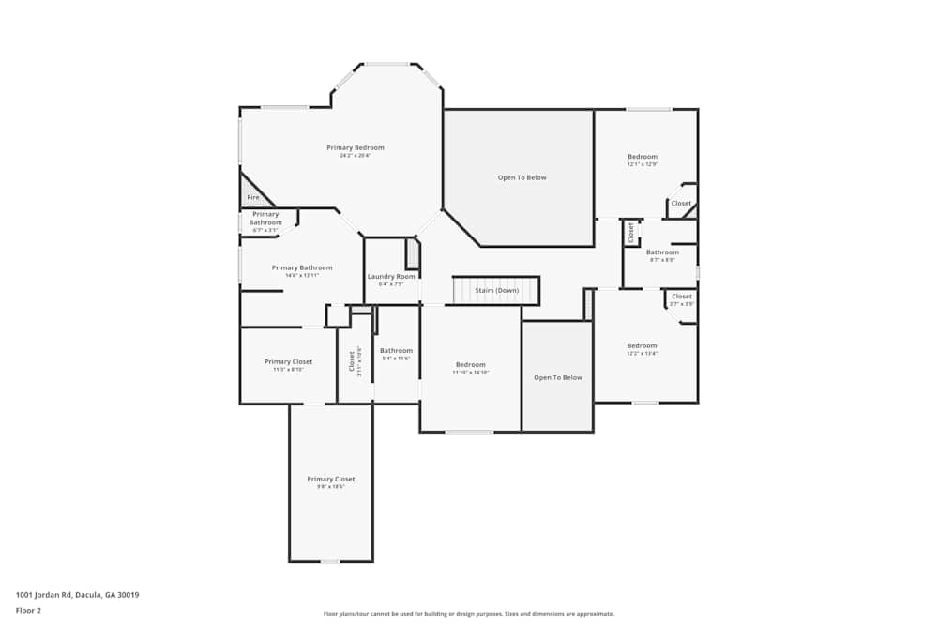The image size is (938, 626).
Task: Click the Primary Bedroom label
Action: coord(356,148)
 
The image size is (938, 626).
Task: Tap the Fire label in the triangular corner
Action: coord(253,198)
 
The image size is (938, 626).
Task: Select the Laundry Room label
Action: coord(391,277)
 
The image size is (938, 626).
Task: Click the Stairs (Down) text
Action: coord(496,290)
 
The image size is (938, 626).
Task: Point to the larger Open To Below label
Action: coord(522,177)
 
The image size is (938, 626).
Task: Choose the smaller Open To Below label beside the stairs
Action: coord(558,377)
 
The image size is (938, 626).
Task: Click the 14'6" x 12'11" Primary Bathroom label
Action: coord(302,268)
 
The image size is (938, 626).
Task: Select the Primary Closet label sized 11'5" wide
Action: coord(288,362)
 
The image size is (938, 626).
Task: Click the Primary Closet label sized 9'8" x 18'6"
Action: coord(330,480)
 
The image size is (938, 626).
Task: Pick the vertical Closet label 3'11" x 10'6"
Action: coord(353,360)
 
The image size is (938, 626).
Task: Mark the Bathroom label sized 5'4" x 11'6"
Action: coord(396,351)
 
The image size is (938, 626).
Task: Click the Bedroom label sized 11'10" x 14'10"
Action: coord(471,365)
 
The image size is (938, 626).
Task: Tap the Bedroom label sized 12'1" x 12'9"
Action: coord(643,157)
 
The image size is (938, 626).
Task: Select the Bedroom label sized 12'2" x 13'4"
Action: coord(643,346)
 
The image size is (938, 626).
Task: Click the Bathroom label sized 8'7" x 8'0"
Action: coord(662,252)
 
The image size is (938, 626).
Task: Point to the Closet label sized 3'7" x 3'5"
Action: coord(682,298)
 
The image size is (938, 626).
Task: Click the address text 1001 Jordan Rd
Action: coord(77,594)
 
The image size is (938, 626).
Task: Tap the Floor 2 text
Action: coord(28,610)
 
